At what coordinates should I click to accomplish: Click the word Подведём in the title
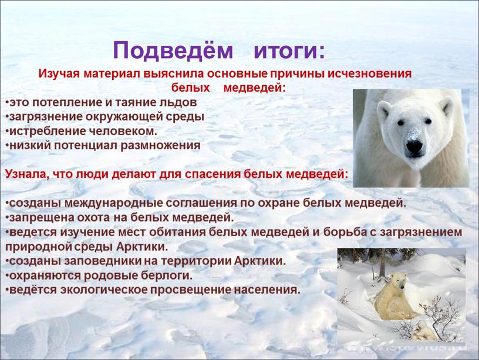tap(173, 51)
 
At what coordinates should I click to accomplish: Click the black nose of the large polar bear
tap(414, 145)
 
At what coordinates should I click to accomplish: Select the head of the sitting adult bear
tap(398, 281)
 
